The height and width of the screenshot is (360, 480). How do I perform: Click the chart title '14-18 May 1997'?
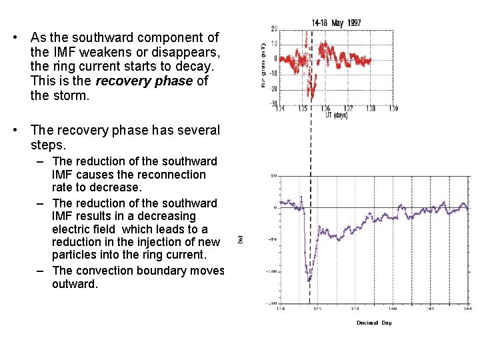(x=336, y=23)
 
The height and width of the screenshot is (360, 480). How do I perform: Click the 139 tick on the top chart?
(x=393, y=108)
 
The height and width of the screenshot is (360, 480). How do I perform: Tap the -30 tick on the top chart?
(x=274, y=103)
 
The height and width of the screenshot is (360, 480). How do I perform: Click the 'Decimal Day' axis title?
(x=373, y=323)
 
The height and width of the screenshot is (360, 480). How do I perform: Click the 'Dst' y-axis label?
(x=241, y=238)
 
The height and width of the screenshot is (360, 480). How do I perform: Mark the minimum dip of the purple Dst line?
(x=309, y=281)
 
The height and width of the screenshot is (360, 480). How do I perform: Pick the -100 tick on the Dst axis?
(x=271, y=271)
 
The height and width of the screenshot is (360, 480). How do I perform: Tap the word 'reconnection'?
(x=173, y=175)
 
